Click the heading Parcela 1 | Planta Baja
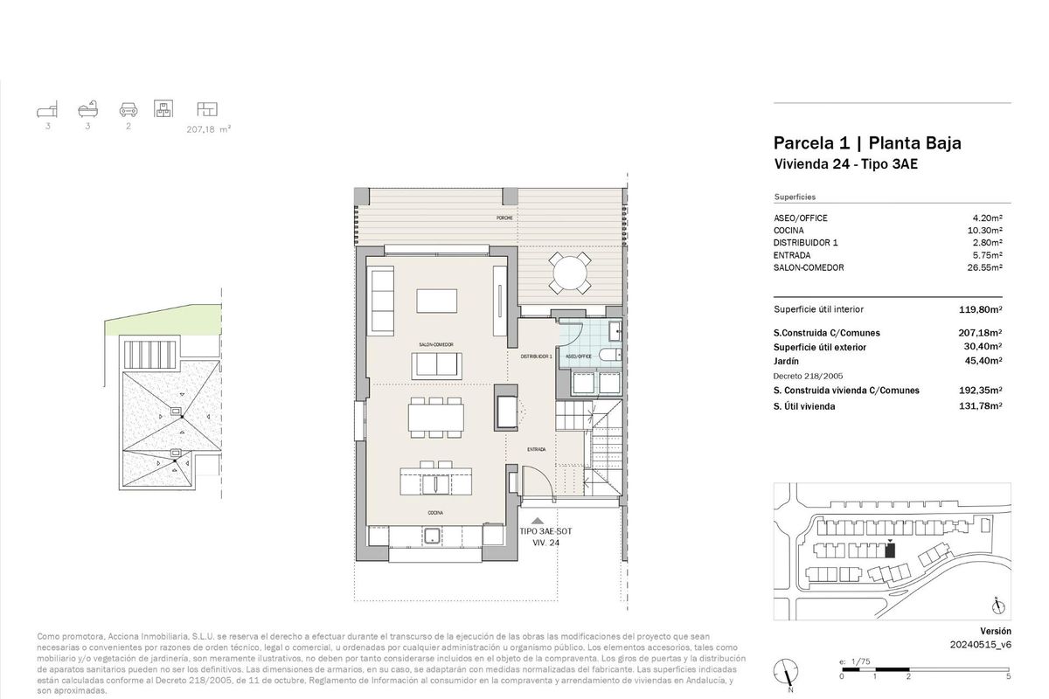click(867, 143)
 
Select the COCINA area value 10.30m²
click(983, 231)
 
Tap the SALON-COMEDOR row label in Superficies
click(809, 268)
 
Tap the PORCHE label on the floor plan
click(504, 217)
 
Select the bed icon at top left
click(48, 109)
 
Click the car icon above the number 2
click(129, 109)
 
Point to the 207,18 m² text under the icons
click(208, 128)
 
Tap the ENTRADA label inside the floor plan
click(536, 449)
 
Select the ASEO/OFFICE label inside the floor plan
click(579, 356)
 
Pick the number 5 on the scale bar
click(1008, 676)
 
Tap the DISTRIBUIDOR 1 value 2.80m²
click(985, 243)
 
